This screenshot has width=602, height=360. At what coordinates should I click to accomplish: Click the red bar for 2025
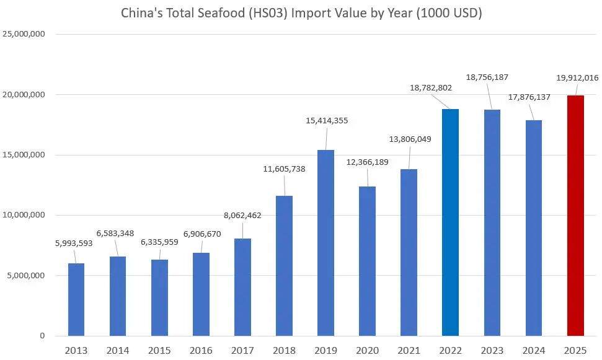click(575, 216)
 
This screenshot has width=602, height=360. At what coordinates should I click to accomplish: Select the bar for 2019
click(325, 243)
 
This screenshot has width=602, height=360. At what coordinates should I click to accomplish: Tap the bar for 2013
click(76, 300)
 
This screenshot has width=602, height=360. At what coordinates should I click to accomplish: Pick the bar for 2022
click(450, 222)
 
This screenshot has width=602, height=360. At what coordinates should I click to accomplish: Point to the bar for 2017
click(242, 287)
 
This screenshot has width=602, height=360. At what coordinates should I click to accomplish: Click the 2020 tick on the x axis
click(367, 351)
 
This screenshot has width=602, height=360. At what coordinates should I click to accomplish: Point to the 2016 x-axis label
click(201, 351)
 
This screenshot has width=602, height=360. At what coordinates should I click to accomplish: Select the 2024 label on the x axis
click(533, 351)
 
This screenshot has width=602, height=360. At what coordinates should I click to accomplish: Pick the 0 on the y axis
click(42, 336)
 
